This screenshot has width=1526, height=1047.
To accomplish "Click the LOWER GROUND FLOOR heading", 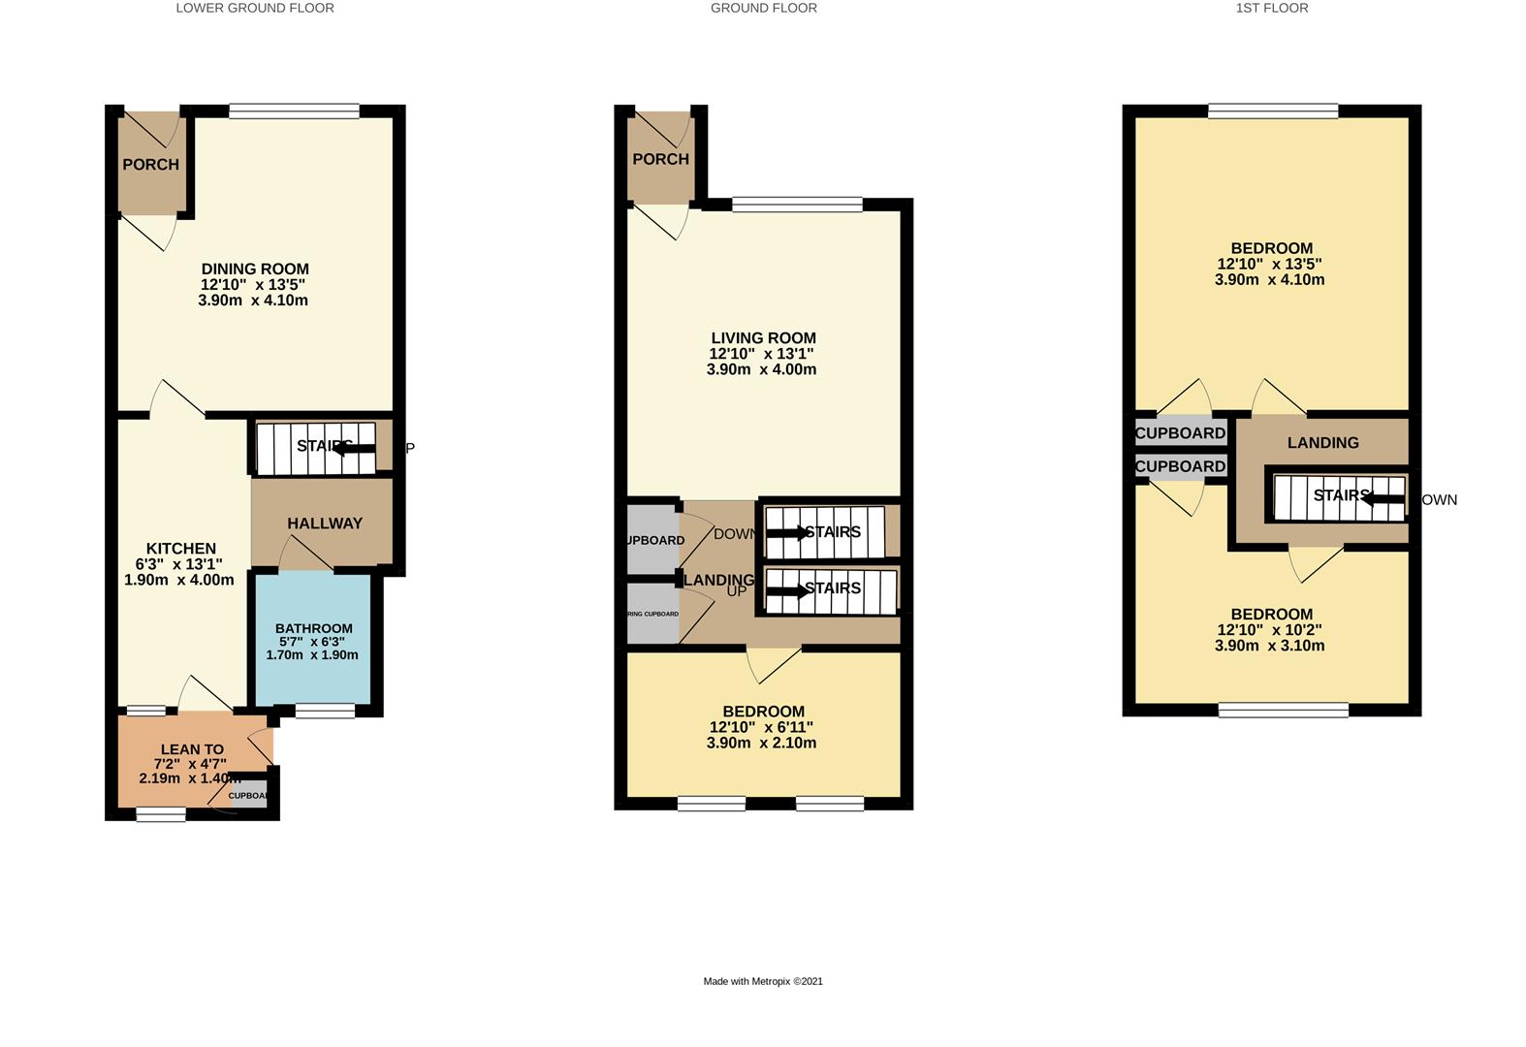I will pyautogui.click(x=255, y=8).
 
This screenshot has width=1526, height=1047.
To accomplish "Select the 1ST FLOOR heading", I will pyautogui.click(x=1271, y=8).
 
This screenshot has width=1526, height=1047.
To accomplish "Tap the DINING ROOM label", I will pyautogui.click(x=255, y=270).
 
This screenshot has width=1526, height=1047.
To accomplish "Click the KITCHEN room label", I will pyautogui.click(x=180, y=549).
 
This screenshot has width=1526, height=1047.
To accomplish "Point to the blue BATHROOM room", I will pyautogui.click(x=312, y=641).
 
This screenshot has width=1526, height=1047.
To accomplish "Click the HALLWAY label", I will pyautogui.click(x=325, y=523).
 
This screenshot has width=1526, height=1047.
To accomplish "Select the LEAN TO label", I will pyautogui.click(x=192, y=749).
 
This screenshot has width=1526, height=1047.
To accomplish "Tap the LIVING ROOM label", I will pyautogui.click(x=763, y=338).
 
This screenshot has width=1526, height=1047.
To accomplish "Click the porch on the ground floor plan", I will pyautogui.click(x=659, y=158).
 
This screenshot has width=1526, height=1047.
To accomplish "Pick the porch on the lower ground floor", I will pyautogui.click(x=150, y=164).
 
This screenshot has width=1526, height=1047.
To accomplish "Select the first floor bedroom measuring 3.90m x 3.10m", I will pyautogui.click(x=1271, y=630).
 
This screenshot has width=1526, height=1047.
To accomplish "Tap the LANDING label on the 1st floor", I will pyautogui.click(x=1322, y=443).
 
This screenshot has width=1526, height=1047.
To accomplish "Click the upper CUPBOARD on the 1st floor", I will pyautogui.click(x=1180, y=433).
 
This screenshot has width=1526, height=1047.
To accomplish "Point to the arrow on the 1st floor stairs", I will pyautogui.click(x=1383, y=499).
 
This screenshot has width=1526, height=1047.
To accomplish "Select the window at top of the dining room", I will pyautogui.click(x=294, y=111).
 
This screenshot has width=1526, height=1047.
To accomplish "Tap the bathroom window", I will pyautogui.click(x=325, y=712).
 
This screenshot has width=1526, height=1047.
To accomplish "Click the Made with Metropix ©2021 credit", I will pyautogui.click(x=763, y=981).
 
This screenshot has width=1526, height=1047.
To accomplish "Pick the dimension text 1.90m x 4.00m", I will pyautogui.click(x=179, y=580).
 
